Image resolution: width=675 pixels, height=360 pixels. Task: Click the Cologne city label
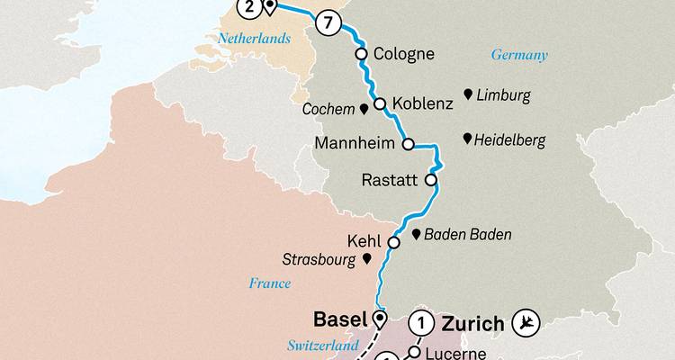coord(403,54)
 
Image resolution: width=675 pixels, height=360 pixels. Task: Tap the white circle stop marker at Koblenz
coord(380,103)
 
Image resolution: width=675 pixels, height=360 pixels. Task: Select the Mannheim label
coord(356,144)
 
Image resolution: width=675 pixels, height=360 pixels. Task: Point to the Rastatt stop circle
coord(431,180)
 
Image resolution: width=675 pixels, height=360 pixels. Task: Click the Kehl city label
coord(364,242)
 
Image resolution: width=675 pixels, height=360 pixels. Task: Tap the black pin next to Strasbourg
coord(366,259)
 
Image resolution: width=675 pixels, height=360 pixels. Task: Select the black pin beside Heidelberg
coord(467,139)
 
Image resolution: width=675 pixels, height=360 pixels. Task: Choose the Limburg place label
coord(504,94)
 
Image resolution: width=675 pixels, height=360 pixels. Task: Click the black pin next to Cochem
coord(363,110)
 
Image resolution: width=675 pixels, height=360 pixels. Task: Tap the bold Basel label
coord(339,319)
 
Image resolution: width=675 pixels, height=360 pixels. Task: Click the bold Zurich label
coord(471,321)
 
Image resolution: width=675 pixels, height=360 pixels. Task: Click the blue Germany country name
coord(519,55)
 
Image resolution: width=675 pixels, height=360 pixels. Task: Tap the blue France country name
coord(271,283)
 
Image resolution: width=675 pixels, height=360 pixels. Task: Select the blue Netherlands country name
coord(256,39)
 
